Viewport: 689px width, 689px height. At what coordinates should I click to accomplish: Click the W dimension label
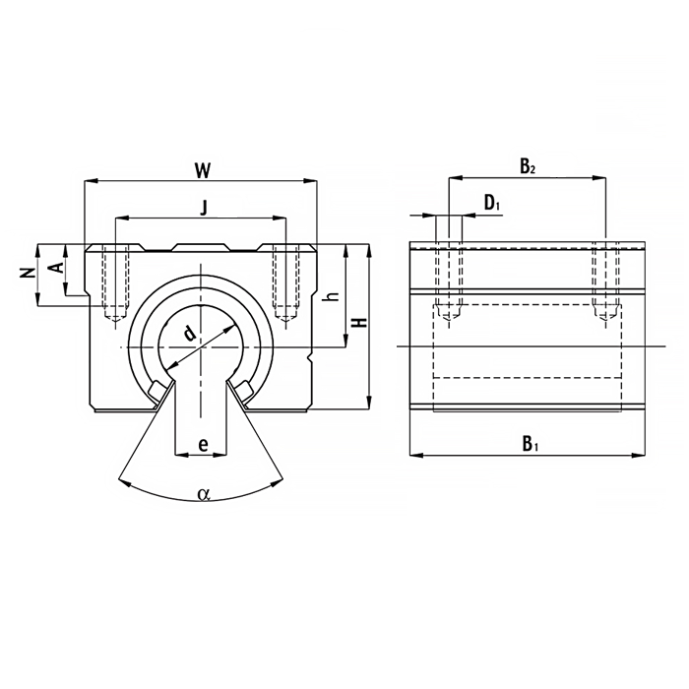tap(203, 170)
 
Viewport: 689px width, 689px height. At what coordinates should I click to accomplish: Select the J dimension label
tap(203, 208)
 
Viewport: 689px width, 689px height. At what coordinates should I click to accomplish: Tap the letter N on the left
tap(28, 274)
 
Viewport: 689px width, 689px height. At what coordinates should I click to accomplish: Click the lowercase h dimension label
tap(334, 296)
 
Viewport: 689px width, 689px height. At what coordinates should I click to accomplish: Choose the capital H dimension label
tap(360, 322)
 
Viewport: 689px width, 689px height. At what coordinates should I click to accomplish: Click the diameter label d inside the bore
tap(189, 334)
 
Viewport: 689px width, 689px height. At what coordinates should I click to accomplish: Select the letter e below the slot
tap(203, 445)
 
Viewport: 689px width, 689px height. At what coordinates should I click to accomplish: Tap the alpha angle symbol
tap(204, 494)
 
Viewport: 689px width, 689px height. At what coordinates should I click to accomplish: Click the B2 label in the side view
tap(528, 166)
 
